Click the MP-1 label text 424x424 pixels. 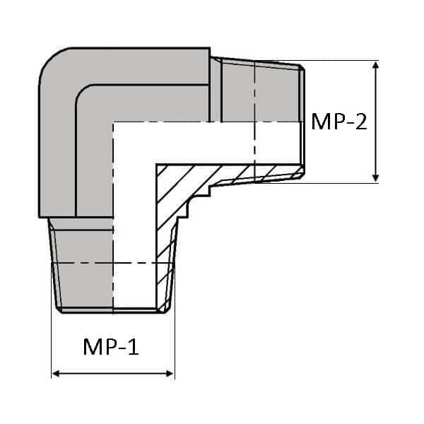click(x=111, y=347)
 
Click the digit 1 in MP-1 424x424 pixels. click(x=134, y=347)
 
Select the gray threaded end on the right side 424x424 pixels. click(x=261, y=92)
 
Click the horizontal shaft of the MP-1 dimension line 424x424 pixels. click(x=113, y=373)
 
